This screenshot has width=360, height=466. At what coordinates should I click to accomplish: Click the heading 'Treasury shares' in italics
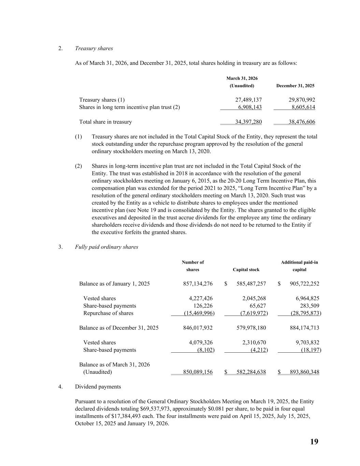(x=94, y=48)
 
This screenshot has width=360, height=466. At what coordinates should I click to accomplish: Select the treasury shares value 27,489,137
(x=248, y=100)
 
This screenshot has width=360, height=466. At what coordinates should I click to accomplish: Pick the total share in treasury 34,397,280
(x=248, y=122)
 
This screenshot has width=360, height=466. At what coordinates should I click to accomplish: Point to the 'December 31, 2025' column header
(x=295, y=86)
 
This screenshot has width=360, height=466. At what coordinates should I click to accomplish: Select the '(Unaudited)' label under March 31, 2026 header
(x=242, y=86)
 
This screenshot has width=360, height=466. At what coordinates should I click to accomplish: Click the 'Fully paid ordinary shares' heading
(x=106, y=247)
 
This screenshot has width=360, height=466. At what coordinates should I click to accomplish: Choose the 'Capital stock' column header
(x=246, y=270)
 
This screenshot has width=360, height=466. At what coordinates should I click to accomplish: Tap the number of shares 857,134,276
(x=198, y=284)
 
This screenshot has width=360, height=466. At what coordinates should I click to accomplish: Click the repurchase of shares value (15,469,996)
(x=199, y=313)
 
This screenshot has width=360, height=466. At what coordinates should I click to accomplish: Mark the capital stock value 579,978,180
(x=251, y=328)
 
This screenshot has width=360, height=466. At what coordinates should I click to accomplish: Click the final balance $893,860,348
(x=304, y=372)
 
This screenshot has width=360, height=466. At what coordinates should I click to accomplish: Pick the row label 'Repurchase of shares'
(x=108, y=313)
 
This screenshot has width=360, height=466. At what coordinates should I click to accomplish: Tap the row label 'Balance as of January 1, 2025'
(x=114, y=284)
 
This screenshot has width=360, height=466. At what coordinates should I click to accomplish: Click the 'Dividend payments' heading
(x=98, y=387)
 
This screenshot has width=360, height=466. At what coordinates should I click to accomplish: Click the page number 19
(x=314, y=442)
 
